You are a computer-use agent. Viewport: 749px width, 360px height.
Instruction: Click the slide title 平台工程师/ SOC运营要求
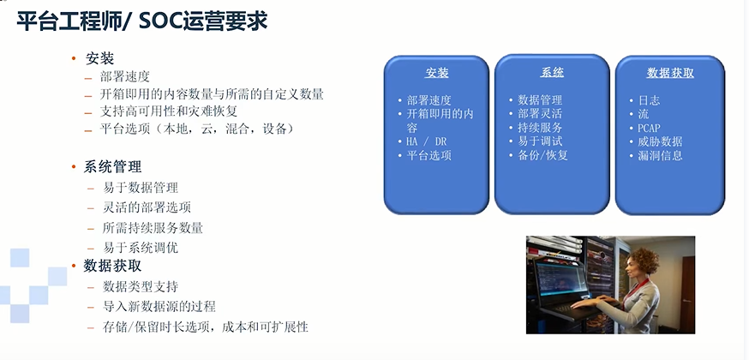142,22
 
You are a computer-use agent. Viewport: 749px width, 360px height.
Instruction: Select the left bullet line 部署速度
124,76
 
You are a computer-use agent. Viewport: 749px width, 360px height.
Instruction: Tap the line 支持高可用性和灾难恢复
169,111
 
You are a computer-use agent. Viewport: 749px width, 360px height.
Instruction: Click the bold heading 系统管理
112,167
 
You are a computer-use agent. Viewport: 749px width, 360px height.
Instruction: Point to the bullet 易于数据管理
141,188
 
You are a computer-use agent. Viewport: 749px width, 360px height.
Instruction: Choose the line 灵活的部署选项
147,207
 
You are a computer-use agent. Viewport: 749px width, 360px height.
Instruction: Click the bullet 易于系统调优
141,248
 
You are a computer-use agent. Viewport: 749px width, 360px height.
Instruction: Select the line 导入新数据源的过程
159,306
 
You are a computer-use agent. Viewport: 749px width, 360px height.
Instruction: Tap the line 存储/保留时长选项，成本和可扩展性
206,327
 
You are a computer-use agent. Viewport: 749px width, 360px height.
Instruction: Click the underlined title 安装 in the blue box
436,73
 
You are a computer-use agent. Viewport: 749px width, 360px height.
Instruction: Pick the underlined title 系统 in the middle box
552,72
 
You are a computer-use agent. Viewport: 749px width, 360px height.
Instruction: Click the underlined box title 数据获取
670,73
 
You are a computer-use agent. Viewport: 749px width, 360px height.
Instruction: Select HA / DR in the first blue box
427,141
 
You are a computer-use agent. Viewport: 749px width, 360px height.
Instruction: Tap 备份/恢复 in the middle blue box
542,155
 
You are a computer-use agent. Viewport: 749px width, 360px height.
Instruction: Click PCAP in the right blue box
650,128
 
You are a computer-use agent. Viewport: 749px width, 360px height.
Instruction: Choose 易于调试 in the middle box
540,141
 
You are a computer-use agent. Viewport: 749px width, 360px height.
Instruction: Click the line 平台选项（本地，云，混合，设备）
196,129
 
